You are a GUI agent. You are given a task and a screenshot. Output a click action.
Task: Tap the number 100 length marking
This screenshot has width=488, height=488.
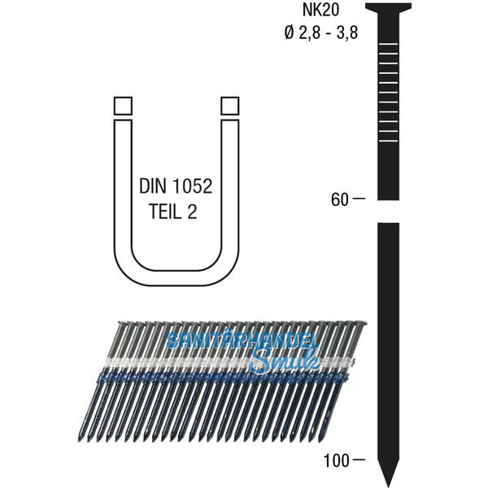[x=336, y=460]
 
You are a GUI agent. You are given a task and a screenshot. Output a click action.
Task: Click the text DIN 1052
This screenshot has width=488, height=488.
[x=176, y=186]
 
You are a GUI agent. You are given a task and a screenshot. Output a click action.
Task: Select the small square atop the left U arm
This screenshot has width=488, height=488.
[x=122, y=107]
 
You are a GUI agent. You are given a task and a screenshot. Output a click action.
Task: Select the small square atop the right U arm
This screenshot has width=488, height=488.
[x=230, y=107]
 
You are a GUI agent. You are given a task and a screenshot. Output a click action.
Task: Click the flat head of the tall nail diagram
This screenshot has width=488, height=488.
[x=388, y=8]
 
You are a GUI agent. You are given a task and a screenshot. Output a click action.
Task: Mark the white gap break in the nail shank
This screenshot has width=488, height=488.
[x=388, y=219]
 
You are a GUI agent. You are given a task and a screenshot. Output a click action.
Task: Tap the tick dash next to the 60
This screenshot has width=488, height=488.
[x=360, y=198]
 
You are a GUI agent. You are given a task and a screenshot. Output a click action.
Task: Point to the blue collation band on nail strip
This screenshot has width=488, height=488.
[x=203, y=377]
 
